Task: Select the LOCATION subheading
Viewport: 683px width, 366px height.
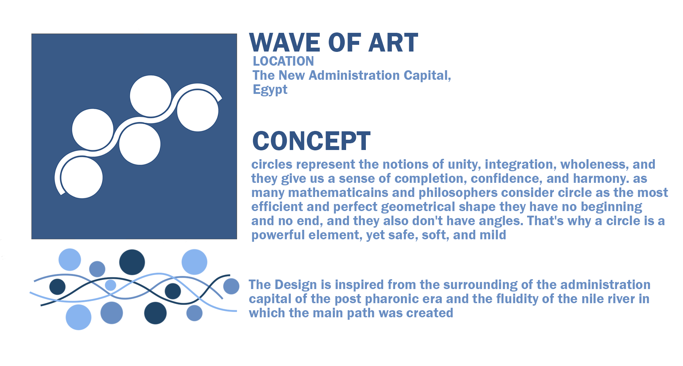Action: point(283,61)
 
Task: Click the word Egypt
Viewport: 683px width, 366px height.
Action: point(270,90)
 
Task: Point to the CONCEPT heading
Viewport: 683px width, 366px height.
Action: point(312,141)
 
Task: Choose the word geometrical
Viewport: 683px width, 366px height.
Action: point(418,207)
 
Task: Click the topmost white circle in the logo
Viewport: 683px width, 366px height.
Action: point(151,96)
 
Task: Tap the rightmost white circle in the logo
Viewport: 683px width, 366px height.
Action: point(198,111)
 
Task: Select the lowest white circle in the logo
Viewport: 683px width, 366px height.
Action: point(82,178)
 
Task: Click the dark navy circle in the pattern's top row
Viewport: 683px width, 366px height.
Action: point(132,262)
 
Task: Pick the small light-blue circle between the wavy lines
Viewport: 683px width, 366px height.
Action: point(110,285)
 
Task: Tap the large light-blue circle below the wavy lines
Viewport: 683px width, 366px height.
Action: point(78,317)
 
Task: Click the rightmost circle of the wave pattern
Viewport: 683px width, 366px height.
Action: point(231,286)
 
